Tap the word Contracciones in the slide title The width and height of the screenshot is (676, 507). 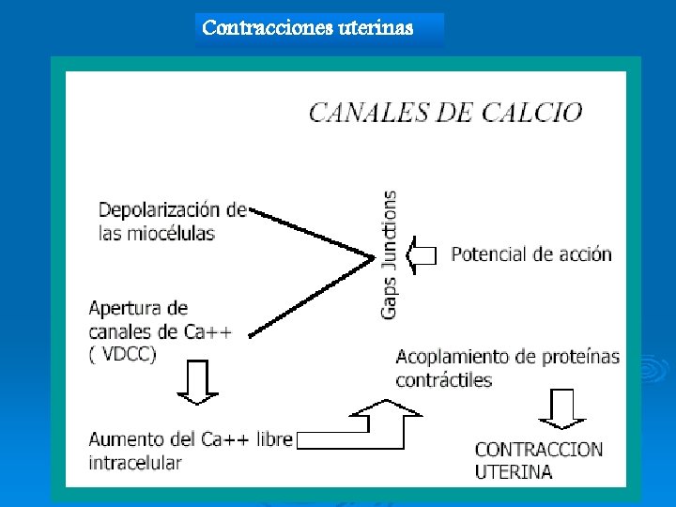[x=258, y=27]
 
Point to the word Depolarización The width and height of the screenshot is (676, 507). [x=166, y=209]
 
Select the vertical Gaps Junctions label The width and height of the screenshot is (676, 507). [x=389, y=253]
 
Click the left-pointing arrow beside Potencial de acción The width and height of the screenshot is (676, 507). [x=422, y=254]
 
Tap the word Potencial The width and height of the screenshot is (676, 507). [x=492, y=253]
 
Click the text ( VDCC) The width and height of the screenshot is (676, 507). [x=123, y=353]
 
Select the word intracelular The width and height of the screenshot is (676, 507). [x=135, y=463]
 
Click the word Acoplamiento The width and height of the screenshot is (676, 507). [x=455, y=358]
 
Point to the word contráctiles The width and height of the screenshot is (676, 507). [x=443, y=380]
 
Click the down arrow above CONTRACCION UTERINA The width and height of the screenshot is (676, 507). [x=562, y=409]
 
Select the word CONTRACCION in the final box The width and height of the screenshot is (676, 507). [x=539, y=449]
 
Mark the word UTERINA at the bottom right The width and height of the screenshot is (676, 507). [x=514, y=471]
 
